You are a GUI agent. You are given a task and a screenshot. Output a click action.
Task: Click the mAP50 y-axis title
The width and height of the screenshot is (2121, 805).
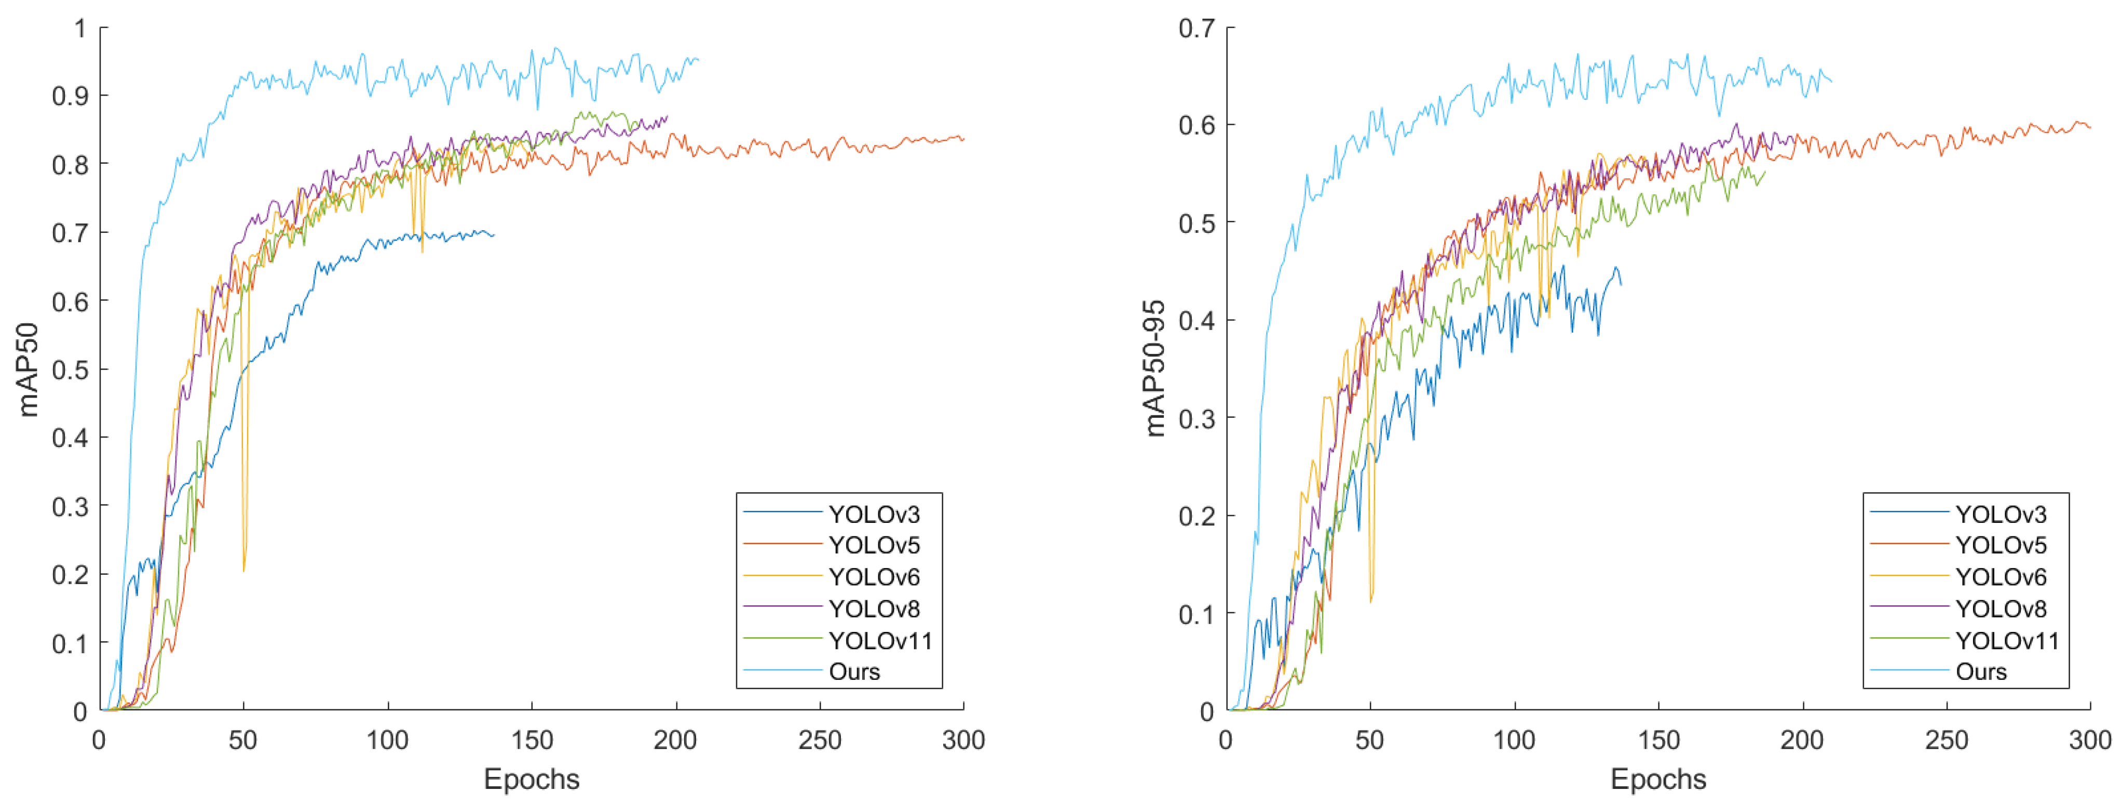pyautogui.click(x=29, y=369)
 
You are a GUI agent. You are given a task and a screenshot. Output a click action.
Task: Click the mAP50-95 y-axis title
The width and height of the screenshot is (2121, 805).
pyautogui.click(x=1155, y=368)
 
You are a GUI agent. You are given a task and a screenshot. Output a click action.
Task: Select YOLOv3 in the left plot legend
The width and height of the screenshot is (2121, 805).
pyautogui.click(x=874, y=514)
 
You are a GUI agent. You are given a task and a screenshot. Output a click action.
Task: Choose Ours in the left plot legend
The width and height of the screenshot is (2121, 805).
pyautogui.click(x=854, y=671)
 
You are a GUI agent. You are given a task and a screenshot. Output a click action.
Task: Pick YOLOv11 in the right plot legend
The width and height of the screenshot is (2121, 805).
pyautogui.click(x=2007, y=640)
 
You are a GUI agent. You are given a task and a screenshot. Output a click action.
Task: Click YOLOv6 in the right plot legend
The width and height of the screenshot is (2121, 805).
pyautogui.click(x=2001, y=577)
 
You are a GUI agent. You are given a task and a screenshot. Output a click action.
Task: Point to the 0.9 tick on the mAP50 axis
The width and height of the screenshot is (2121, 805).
pyautogui.click(x=69, y=96)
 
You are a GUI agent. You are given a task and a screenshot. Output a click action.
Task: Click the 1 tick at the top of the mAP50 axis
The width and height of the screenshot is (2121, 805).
pyautogui.click(x=80, y=28)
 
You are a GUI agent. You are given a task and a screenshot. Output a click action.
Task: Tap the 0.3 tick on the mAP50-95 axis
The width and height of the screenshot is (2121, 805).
pyautogui.click(x=1195, y=418)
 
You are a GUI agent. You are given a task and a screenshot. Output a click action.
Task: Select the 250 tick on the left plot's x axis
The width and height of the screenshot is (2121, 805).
pyautogui.click(x=819, y=740)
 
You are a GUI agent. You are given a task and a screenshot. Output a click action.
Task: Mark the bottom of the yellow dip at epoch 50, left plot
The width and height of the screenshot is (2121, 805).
pyautogui.click(x=244, y=570)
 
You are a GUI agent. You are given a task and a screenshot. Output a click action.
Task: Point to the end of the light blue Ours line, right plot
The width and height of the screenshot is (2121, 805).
pyautogui.click(x=1831, y=81)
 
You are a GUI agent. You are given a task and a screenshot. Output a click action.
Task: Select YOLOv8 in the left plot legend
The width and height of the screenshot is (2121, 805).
pyautogui.click(x=874, y=609)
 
